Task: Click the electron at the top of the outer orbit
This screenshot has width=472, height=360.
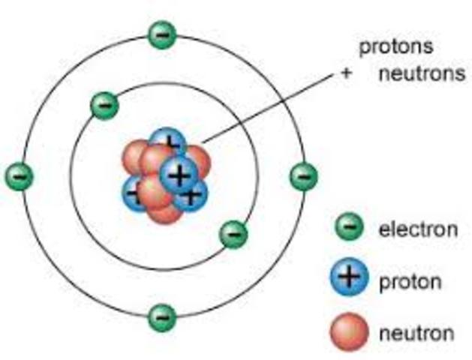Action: [x=161, y=34]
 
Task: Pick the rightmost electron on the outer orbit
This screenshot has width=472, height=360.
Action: [x=303, y=177]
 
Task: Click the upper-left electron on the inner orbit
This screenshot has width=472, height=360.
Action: [x=104, y=105]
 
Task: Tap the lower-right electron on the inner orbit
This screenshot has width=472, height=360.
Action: [x=233, y=235]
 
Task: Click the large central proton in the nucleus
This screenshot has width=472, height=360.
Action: [x=178, y=175]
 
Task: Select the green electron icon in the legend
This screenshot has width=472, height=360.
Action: [x=348, y=226]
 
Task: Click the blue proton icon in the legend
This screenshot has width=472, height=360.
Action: [x=348, y=279]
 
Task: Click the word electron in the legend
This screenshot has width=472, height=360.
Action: [x=413, y=229]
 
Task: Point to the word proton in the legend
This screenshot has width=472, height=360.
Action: [x=410, y=282]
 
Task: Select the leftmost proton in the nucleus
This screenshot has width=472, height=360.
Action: [x=134, y=193]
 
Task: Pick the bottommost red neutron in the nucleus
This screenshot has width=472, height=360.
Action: [x=164, y=210]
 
